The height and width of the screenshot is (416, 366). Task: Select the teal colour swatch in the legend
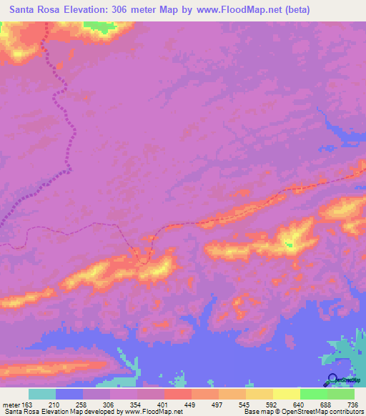tap(42, 394)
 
